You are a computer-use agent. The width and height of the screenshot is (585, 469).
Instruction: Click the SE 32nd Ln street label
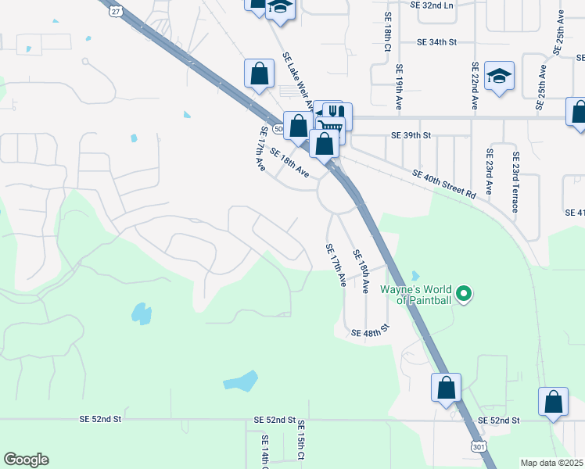click(x=431, y=5)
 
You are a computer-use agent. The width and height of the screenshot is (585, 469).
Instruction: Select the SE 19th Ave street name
click(x=399, y=86)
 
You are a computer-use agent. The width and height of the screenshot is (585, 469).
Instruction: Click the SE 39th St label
click(x=411, y=135)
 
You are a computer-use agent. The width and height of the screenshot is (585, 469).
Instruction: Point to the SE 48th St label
click(x=370, y=333)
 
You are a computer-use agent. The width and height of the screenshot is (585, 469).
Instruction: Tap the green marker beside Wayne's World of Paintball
click(x=465, y=294)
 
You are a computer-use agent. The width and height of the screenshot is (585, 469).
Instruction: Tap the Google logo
click(x=26, y=460)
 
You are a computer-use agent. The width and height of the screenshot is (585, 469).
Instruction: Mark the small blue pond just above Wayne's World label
click(x=415, y=275)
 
